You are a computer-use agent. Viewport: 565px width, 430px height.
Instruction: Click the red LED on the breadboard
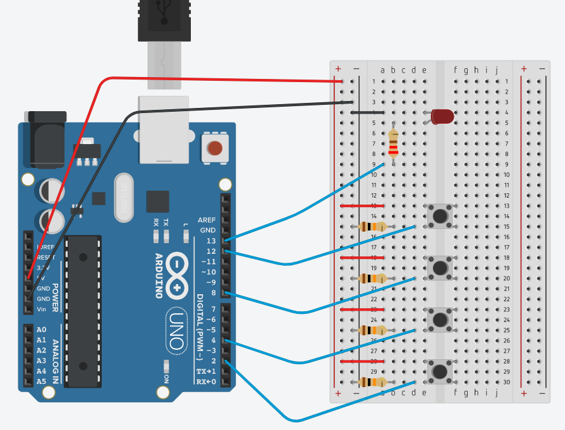(442, 117)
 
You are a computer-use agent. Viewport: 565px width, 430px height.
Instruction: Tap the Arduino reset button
(215, 149)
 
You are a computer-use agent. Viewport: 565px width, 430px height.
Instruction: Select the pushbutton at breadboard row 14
(439, 215)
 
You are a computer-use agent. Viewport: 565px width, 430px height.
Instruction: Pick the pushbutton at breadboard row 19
(439, 268)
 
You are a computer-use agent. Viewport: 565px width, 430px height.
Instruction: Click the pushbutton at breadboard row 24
(439, 320)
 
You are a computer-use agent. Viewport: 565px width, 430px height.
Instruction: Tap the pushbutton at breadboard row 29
(439, 371)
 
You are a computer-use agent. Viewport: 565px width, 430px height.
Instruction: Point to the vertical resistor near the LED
(394, 143)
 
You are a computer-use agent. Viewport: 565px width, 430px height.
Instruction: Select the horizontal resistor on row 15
(372, 227)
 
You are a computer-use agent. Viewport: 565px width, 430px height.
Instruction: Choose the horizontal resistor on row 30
(372, 382)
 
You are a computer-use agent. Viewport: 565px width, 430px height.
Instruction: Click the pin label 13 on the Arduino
(210, 241)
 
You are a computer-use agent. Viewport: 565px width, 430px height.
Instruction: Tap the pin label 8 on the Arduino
(213, 292)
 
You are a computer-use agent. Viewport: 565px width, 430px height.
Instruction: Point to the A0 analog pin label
(41, 330)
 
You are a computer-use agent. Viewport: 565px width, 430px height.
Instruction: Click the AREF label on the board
(207, 220)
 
